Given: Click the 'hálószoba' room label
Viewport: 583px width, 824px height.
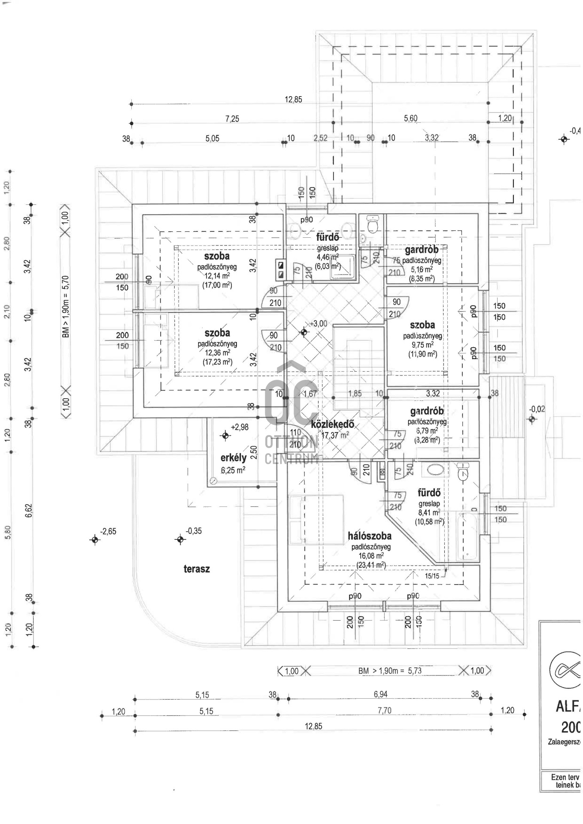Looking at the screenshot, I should click(x=369, y=536).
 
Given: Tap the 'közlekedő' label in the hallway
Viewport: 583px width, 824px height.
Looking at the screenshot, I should click(x=332, y=424).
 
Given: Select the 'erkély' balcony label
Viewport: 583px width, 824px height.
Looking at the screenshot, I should click(x=233, y=457).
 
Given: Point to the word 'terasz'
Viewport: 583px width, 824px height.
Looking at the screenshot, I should click(x=197, y=569).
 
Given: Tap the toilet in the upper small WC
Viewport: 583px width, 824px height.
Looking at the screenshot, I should click(x=372, y=224).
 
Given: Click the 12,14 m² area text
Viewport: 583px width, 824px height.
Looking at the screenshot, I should click(x=217, y=276).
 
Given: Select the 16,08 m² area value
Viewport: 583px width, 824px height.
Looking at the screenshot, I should click(x=371, y=556).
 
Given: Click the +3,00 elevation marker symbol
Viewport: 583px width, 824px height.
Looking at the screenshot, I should click(x=304, y=332).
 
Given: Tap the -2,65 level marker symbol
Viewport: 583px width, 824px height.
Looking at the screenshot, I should click(x=95, y=539).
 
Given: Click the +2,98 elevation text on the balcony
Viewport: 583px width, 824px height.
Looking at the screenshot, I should click(x=240, y=427).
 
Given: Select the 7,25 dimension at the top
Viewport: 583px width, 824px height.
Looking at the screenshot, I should click(x=232, y=119).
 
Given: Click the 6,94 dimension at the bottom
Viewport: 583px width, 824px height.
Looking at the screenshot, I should click(x=380, y=694).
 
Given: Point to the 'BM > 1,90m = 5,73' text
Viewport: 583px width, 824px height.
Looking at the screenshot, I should click(x=390, y=671).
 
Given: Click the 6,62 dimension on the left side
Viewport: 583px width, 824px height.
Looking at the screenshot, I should click(x=29, y=511).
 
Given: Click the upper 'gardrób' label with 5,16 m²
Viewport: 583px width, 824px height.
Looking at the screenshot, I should click(x=422, y=250).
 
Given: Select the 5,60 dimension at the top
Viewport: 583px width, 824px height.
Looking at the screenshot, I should click(x=410, y=118).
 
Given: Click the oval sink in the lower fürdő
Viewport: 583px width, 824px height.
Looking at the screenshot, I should click(x=434, y=470).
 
